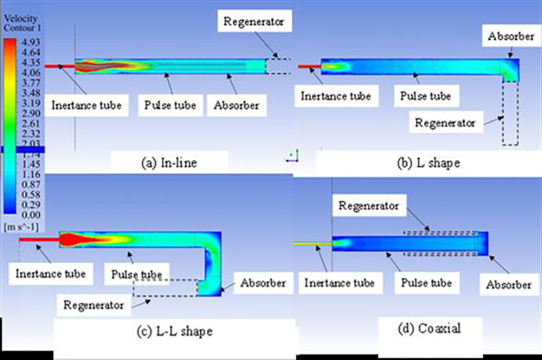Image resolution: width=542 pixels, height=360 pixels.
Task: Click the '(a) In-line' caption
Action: (169, 162)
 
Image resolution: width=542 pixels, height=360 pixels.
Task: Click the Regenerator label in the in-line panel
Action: (256, 21)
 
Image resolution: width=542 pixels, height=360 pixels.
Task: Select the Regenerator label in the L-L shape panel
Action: (95, 305)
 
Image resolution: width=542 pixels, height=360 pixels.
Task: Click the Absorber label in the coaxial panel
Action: (507, 283)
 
